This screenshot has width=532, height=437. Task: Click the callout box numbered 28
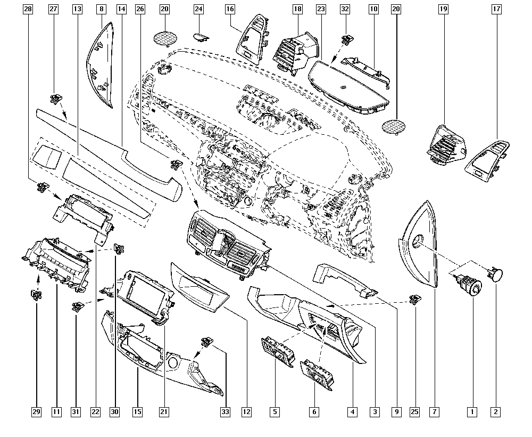click(28, 9)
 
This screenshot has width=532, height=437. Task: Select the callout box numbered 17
click(496, 9)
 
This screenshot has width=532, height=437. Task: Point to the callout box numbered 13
click(78, 9)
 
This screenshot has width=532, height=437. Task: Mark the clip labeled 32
click(347, 38)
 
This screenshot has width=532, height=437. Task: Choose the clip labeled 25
click(413, 300)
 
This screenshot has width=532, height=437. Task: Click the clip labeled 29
click(35, 294)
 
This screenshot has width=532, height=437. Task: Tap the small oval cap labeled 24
click(201, 36)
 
